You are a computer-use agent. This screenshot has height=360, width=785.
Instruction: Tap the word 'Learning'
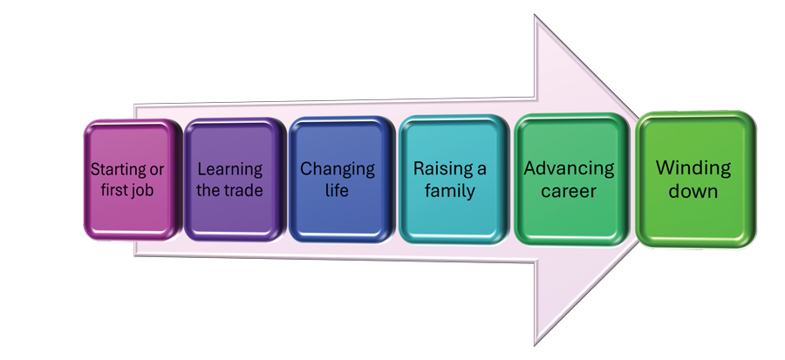coord(229,169)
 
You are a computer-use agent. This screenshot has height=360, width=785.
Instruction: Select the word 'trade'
coord(244,189)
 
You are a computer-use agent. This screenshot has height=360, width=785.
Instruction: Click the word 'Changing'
coord(338,169)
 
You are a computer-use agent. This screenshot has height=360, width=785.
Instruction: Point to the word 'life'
coord(338,189)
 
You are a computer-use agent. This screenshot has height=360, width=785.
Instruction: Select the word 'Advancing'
coord(570,168)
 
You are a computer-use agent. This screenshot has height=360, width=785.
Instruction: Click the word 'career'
coord(570,189)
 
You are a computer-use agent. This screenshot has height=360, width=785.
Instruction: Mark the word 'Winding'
coord(694,167)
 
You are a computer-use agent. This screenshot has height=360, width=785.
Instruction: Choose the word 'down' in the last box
coord(694,190)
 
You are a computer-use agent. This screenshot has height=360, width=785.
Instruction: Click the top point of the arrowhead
coord(536,16)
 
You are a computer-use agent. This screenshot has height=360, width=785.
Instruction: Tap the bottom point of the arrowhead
coord(536,345)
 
